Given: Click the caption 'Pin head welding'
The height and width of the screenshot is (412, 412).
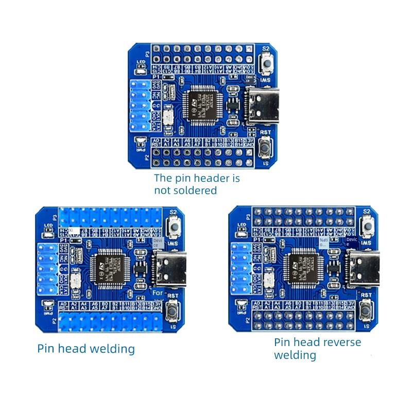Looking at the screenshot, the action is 86,349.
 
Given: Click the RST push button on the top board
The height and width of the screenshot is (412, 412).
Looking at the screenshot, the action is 266,148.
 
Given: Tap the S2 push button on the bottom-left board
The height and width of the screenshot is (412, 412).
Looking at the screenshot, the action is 173,227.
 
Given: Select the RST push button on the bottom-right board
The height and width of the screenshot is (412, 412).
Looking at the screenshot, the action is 367,311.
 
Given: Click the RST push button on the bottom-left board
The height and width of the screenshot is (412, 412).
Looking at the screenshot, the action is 173,311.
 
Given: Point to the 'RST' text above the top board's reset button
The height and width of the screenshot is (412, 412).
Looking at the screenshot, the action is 266,132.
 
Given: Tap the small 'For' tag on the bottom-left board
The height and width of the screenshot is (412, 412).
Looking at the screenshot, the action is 158,293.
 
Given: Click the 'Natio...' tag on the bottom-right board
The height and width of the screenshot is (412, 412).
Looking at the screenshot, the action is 323,242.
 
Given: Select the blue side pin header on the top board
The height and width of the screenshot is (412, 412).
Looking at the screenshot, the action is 140,106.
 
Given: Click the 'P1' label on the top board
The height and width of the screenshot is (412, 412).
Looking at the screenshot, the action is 150,76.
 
